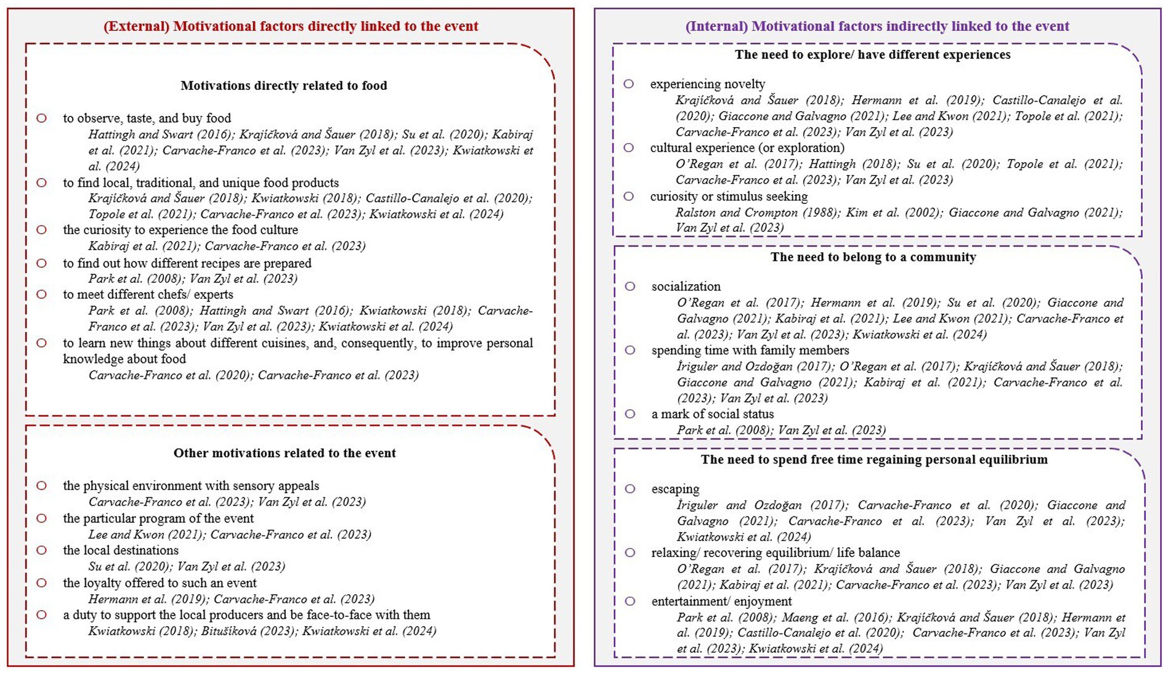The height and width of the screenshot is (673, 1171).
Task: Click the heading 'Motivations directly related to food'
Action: (x=283, y=86)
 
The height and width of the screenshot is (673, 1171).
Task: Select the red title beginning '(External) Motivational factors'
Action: (x=291, y=27)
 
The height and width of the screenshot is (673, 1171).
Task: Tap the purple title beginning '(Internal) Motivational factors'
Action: (x=877, y=27)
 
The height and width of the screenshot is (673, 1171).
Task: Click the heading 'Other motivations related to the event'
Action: (x=285, y=453)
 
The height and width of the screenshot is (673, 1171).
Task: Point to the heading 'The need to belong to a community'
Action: (x=873, y=257)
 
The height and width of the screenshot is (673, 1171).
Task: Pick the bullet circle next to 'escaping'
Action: (x=630, y=489)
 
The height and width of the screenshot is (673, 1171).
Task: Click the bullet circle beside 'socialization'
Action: (x=630, y=286)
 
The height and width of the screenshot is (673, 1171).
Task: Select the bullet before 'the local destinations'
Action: (x=41, y=550)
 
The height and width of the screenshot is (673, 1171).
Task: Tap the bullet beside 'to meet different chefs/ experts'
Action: (x=41, y=295)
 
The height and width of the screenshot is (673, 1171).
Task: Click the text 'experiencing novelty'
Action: (x=707, y=84)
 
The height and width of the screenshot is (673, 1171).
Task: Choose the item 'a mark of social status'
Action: (x=712, y=414)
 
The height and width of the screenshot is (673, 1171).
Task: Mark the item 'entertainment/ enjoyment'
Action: (x=721, y=601)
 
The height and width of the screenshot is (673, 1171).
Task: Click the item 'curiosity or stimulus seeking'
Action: (x=729, y=197)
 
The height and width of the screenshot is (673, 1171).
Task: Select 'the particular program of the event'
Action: (x=158, y=518)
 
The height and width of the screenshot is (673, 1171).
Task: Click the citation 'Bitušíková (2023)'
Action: (x=248, y=631)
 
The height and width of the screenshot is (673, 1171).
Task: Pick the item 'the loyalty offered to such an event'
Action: (x=160, y=583)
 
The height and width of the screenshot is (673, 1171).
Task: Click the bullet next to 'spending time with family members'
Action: (x=630, y=350)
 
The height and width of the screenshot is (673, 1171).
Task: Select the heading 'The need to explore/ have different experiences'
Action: (x=872, y=55)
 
